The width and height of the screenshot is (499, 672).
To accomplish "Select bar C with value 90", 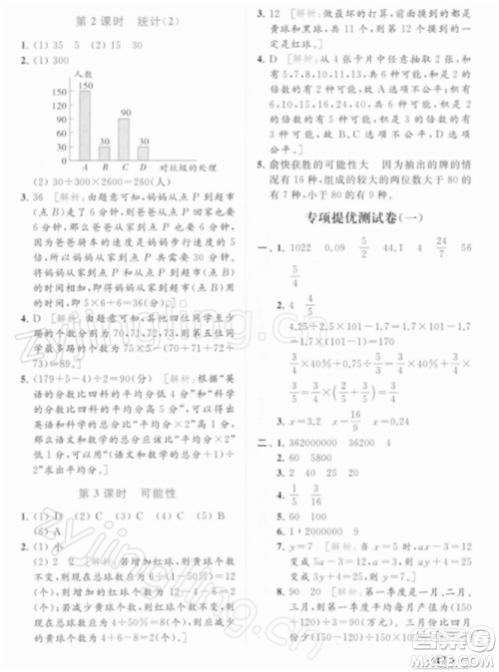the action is (x=124, y=134).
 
